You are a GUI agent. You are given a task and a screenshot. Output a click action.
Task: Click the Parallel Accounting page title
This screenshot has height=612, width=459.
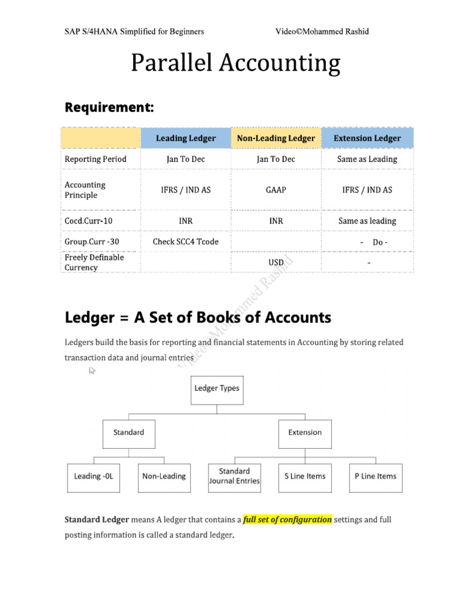(235, 63)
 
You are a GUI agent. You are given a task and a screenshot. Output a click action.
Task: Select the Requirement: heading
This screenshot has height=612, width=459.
(109, 108)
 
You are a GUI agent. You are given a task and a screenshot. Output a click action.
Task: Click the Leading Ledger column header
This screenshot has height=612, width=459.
(186, 138)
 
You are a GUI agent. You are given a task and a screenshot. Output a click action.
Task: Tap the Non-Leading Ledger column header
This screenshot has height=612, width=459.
(276, 138)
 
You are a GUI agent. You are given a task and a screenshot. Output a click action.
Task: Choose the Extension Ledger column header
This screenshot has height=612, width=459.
(367, 138)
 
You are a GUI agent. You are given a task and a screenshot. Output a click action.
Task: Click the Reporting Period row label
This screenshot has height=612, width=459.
(96, 159)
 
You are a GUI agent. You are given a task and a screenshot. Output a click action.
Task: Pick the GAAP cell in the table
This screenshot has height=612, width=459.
(276, 190)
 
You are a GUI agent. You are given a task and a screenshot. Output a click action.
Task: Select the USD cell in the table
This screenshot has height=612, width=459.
(276, 262)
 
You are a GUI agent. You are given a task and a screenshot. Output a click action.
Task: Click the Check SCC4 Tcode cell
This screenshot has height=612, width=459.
(186, 241)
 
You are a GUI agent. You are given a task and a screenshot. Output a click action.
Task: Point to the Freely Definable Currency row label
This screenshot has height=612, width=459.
(94, 262)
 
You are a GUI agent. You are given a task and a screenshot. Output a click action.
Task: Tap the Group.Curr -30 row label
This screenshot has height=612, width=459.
(93, 241)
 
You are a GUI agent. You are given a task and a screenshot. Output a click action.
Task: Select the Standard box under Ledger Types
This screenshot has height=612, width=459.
(128, 433)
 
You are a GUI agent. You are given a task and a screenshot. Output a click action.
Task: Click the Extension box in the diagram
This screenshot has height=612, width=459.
(305, 433)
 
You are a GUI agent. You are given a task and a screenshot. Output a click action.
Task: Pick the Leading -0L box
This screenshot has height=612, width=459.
(93, 476)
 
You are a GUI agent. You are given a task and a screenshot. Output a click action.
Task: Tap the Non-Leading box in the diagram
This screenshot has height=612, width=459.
(164, 476)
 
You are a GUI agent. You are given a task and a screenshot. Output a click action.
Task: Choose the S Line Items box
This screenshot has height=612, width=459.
(305, 476)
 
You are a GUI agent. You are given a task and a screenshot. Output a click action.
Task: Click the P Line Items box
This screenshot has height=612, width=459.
(375, 476)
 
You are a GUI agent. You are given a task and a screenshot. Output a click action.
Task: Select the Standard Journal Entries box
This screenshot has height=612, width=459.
(234, 476)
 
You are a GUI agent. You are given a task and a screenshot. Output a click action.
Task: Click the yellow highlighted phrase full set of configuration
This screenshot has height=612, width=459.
(287, 519)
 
